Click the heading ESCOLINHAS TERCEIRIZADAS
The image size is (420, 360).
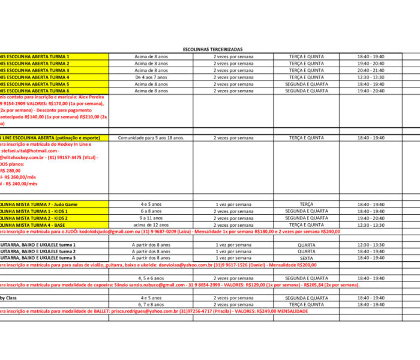click(x=212, y=49)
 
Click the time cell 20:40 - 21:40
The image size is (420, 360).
click(x=371, y=70)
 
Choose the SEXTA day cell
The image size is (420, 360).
click(x=306, y=258)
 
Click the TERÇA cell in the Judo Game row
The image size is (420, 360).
click(x=306, y=205)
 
